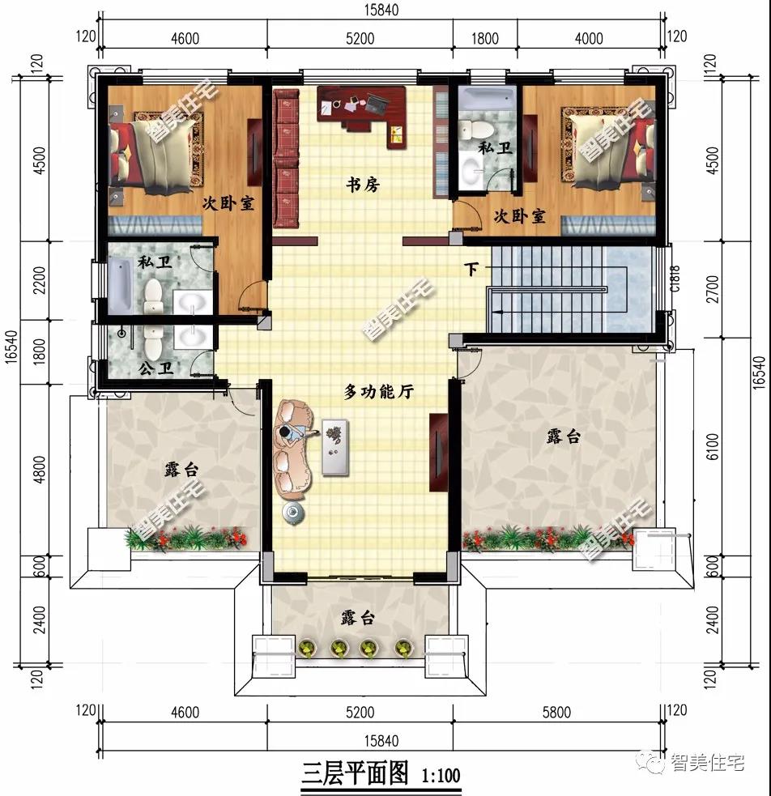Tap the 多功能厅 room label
click(379, 392)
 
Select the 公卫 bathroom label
click(155, 368)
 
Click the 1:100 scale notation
click(441, 776)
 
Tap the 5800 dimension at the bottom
click(556, 713)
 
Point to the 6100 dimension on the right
click(713, 447)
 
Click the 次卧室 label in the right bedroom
click(518, 217)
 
